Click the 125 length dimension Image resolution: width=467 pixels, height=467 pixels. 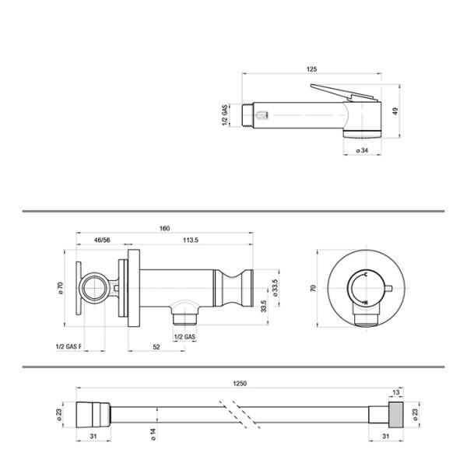click(x=311, y=69)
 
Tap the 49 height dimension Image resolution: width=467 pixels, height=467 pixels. click(x=395, y=111)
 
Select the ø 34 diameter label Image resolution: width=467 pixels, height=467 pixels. click(x=362, y=150)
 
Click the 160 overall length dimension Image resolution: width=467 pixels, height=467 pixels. click(x=164, y=228)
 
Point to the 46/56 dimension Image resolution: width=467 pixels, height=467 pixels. click(x=102, y=240)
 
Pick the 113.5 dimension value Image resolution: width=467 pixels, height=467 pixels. click(x=191, y=240)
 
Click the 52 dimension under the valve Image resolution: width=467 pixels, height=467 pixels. click(x=156, y=347)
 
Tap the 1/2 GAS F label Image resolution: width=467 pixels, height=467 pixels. click(x=68, y=346)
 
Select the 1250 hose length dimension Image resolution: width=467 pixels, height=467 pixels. click(x=240, y=384)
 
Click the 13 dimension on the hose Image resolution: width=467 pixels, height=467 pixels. click(x=396, y=392)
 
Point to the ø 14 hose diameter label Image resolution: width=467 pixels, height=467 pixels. click(x=153, y=434)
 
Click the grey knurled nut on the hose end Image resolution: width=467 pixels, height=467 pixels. click(x=396, y=415)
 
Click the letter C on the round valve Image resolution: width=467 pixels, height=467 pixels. click(x=366, y=274)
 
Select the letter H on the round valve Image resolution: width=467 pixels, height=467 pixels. click(x=366, y=303)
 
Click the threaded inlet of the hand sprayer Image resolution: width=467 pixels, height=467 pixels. click(x=248, y=115)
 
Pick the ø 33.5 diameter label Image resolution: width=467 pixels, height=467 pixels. click(x=275, y=288)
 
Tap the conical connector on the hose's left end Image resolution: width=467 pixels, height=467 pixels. click(x=93, y=415)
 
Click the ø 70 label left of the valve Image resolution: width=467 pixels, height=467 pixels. click(x=61, y=288)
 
